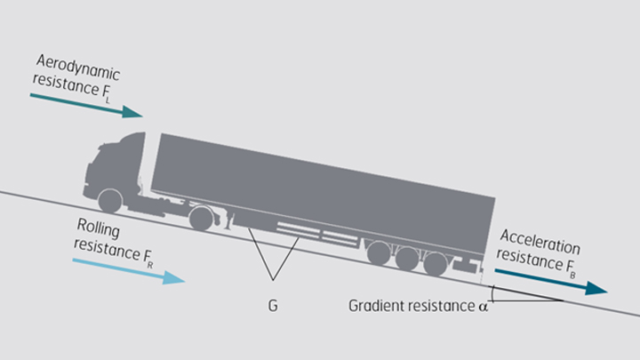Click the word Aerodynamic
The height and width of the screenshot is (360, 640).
[77, 68]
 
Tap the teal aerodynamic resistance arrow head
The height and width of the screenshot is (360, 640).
[132, 112]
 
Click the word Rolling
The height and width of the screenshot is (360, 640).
[98, 228]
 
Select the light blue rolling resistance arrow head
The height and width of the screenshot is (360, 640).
[174, 277]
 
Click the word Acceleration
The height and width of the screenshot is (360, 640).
[540, 241]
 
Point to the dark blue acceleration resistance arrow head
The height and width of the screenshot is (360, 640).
[596, 288]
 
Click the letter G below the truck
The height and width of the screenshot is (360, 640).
[273, 305]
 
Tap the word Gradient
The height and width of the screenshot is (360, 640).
[376, 306]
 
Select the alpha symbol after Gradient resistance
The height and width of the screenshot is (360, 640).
[484, 307]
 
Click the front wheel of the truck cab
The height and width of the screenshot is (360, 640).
[110, 201]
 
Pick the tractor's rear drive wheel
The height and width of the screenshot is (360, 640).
[201, 218]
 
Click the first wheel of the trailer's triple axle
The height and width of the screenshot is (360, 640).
[379, 252]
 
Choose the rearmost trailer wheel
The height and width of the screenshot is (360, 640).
[435, 264]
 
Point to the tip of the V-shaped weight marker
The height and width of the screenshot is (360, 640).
[273, 280]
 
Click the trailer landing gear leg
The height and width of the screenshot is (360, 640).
[229, 220]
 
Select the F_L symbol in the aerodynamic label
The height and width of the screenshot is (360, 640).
[105, 92]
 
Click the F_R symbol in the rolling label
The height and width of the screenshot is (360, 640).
[148, 260]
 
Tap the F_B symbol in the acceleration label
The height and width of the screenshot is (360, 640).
[570, 268]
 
